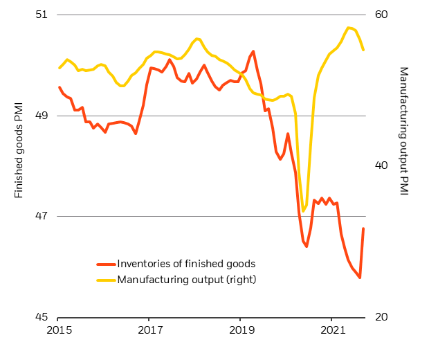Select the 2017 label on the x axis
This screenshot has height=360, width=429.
click(149, 331)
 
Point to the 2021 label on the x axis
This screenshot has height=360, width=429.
click(332, 331)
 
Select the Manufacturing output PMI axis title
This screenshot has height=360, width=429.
click(405, 132)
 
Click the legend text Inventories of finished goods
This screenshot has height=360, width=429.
click(187, 264)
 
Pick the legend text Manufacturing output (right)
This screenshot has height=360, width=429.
click(187, 280)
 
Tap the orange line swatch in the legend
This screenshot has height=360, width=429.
click(105, 264)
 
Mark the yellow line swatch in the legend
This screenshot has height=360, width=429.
click(105, 280)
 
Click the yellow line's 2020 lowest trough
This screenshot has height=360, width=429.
click(303, 211)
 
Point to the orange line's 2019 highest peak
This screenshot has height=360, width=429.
click(253, 51)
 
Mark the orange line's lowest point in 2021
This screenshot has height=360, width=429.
click(360, 278)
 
